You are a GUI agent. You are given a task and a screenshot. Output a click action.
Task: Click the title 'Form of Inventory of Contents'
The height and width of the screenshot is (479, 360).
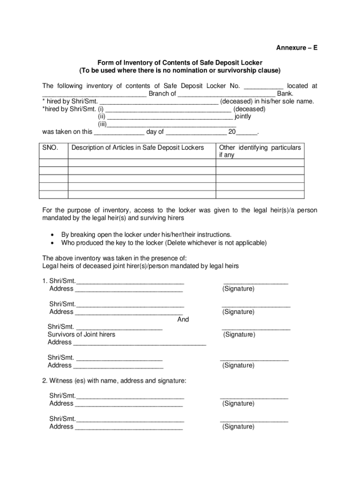pos(180,63)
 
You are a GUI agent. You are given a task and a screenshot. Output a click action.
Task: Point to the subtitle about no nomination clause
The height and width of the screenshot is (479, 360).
pos(180,71)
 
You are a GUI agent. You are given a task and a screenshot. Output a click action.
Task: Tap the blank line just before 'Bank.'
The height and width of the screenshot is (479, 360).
pos(226,94)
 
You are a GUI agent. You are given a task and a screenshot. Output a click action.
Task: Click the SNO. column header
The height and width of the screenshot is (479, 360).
pos(50,148)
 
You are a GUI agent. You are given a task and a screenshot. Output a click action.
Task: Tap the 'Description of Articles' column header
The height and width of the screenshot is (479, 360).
pos(137,148)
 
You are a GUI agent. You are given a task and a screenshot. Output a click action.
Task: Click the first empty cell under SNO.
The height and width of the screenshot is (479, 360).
pos(53,163)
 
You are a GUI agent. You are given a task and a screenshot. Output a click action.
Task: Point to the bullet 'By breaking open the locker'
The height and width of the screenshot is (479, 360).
pos(146,234)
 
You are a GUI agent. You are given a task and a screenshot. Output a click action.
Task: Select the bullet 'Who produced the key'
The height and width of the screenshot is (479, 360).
pos(164,243)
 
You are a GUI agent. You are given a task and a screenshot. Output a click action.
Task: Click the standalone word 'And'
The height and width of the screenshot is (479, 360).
pos(183,319)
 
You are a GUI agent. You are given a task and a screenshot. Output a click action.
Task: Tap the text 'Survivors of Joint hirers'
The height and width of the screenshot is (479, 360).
pos(81,334)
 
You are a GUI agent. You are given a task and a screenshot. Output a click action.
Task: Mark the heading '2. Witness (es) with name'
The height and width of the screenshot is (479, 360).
pos(114,381)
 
